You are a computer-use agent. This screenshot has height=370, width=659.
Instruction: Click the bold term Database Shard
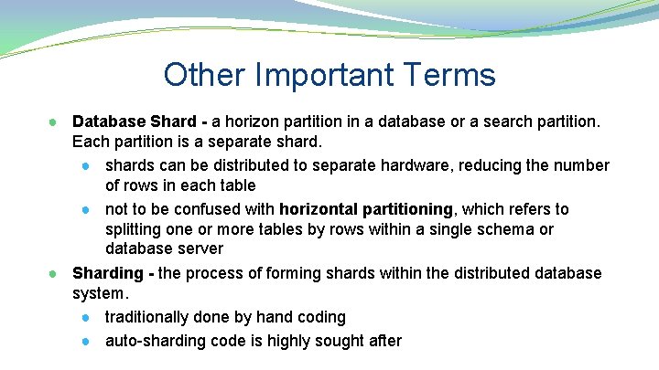coord(134,122)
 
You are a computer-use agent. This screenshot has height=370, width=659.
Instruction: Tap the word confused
coord(210,209)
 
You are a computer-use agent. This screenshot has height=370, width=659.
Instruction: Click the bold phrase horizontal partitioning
coord(366,209)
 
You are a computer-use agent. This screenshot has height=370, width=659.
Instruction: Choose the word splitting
coord(135,229)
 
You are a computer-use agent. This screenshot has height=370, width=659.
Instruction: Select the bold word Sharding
coord(107,273)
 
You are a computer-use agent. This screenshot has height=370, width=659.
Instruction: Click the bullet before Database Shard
coord(54,122)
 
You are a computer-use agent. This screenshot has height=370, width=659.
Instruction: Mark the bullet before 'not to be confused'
coord(85,210)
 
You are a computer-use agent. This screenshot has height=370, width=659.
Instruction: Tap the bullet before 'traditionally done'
coord(85,318)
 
